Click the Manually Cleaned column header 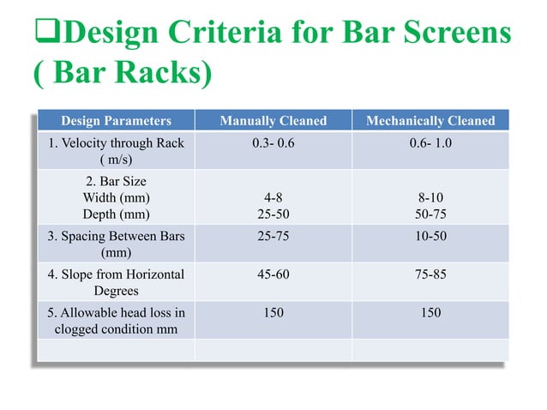pyautogui.click(x=273, y=121)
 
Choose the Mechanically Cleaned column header pyautogui.click(x=430, y=121)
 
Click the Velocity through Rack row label pyautogui.click(x=116, y=151)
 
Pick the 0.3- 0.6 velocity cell pyautogui.click(x=273, y=143)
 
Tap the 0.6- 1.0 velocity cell pyautogui.click(x=430, y=143)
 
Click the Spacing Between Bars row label pyautogui.click(x=116, y=244)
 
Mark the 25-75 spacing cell pyautogui.click(x=273, y=236)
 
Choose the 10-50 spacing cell pyautogui.click(x=430, y=236)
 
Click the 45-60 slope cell pyautogui.click(x=273, y=274)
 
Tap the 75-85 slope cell pyautogui.click(x=430, y=274)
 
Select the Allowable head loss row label pyautogui.click(x=116, y=320)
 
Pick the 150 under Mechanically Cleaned pyautogui.click(x=430, y=312)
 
